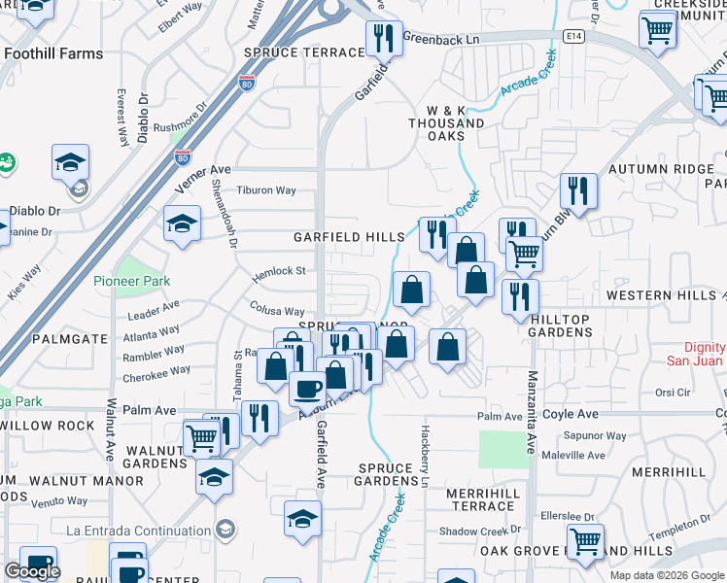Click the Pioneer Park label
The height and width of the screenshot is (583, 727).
(132, 281)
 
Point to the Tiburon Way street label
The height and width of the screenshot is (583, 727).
(266, 190)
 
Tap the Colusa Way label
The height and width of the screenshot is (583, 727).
(277, 311)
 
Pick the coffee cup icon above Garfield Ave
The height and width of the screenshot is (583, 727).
(308, 388)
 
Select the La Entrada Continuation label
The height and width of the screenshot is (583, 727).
(139, 530)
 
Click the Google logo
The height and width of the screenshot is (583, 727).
(31, 571)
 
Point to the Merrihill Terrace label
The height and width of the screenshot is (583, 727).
(480, 500)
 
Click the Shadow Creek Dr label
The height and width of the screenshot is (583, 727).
(480, 531)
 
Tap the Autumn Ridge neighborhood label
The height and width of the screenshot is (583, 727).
(661, 169)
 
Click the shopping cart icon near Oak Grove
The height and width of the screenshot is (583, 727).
(585, 541)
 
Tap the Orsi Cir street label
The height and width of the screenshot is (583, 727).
(672, 393)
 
